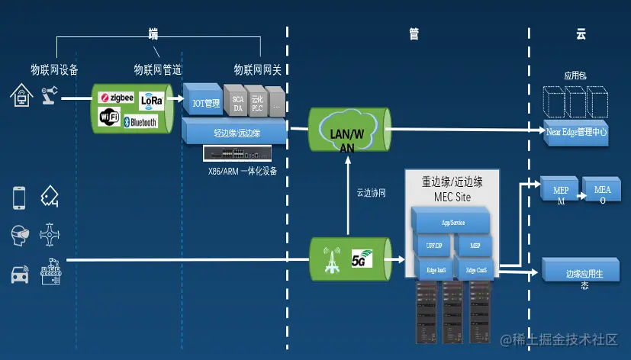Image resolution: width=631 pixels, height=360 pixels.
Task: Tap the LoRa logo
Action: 151,99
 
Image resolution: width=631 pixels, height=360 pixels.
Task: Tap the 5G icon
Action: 361,259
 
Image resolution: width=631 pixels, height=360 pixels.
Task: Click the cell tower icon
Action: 330,259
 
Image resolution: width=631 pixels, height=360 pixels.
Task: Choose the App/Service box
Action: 452,223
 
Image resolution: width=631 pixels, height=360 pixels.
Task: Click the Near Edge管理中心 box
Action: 576,130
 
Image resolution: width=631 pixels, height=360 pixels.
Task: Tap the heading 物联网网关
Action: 257,70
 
